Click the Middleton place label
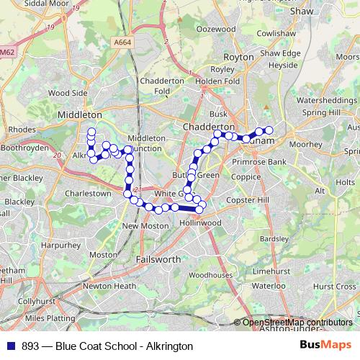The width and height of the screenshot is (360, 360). coord(79,114)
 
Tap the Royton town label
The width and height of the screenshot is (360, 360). coord(240,57)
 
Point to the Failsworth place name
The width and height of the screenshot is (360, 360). coord(158,258)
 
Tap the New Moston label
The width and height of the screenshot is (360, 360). coord(140,226)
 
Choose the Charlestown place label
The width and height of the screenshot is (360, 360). coord(89,194)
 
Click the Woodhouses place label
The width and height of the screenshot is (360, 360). coord(211,275)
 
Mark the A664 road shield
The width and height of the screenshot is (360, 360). coord(122,43)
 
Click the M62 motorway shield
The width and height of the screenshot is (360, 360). coord(7,53)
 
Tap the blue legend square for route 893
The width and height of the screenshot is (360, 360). coord(8,346)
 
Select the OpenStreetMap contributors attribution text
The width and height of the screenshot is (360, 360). coord(297,323)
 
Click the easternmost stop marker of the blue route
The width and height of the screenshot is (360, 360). coord(270,130)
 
